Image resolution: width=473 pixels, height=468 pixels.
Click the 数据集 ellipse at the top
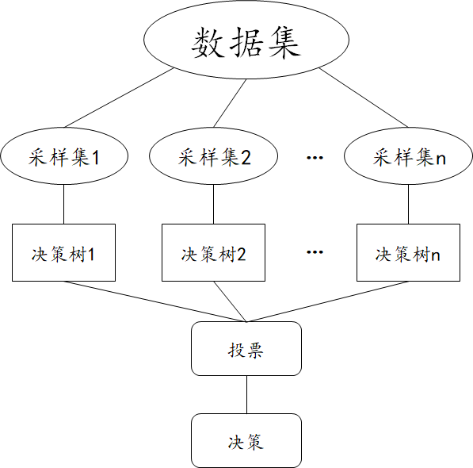pyautogui.click(x=246, y=43)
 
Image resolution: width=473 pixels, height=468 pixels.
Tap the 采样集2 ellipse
pyautogui.click(x=214, y=156)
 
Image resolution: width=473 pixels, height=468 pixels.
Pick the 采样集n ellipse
pyautogui.click(x=409, y=156)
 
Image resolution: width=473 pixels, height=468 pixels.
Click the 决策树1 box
pyautogui.click(x=63, y=253)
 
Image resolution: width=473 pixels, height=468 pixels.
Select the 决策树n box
pyautogui.click(x=409, y=253)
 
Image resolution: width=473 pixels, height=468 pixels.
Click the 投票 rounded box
pyautogui.click(x=246, y=348)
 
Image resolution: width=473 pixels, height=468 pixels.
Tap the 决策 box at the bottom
pyautogui.click(x=246, y=440)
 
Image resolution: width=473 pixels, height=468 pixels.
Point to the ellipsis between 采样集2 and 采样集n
pyautogui.click(x=315, y=159)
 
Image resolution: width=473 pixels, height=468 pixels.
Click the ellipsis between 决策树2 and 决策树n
pyautogui.click(x=315, y=253)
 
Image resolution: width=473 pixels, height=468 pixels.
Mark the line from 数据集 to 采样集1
pyautogui.click(x=119, y=98)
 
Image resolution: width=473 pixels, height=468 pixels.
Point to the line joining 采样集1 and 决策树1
pyautogui.click(x=63, y=204)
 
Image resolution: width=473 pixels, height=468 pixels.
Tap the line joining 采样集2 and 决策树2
pyautogui.click(x=214, y=204)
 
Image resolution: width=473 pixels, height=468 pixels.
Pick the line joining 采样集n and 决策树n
pyautogui.click(x=409, y=204)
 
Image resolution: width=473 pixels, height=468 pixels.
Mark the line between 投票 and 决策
pyautogui.click(x=246, y=394)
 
